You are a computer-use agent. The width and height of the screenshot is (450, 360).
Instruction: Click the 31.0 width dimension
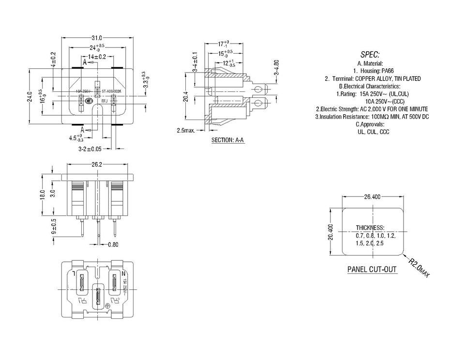pos(96,38)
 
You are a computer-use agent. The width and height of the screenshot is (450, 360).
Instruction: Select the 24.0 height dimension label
pos(30,97)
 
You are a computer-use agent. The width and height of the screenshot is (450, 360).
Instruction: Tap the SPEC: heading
pos(370,54)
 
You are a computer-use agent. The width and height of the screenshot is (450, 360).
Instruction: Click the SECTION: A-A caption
pos(227,140)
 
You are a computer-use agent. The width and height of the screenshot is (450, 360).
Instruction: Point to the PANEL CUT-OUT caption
pos(372,270)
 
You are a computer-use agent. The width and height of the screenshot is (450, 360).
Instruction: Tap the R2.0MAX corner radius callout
pos(418,268)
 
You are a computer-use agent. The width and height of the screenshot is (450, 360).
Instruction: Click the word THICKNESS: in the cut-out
pos(370,227)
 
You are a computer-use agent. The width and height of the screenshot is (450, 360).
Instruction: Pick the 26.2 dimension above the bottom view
pos(96,165)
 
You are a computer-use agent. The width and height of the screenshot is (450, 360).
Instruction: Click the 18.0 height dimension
pos(43,195)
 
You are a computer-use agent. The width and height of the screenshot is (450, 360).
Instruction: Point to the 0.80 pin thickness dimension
pos(113,244)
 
